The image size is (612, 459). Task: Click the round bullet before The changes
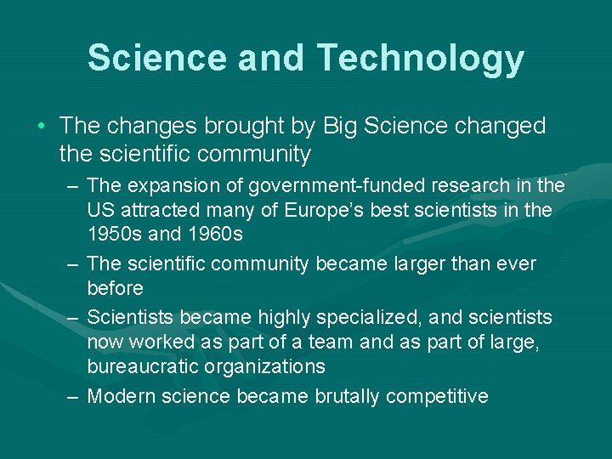click(x=42, y=127)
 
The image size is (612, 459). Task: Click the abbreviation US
click(x=100, y=210)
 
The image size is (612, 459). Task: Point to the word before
click(x=115, y=288)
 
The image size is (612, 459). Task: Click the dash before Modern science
click(x=74, y=396)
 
